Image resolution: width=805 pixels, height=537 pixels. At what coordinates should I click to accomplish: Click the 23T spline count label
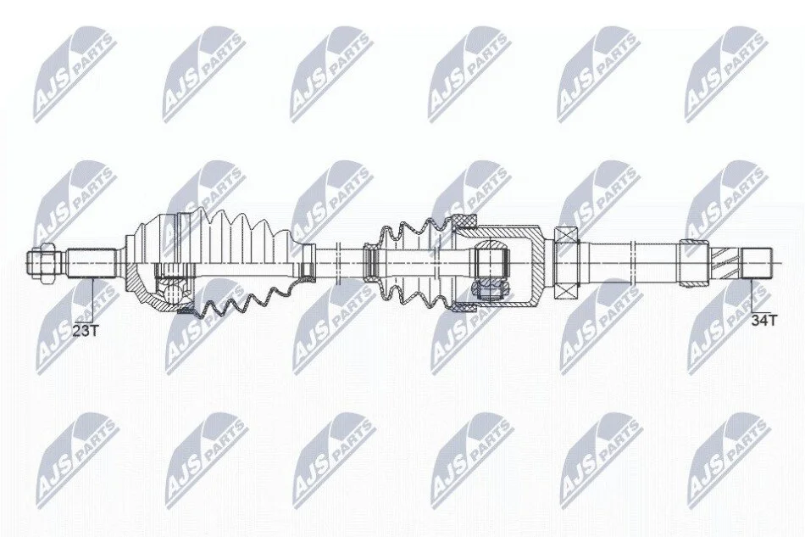(85, 330)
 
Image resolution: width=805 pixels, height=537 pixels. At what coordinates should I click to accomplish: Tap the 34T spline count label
(764, 321)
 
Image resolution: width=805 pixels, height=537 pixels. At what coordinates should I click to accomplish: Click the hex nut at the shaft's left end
(43, 262)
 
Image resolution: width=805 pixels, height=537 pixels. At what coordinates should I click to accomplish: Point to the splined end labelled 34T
(758, 263)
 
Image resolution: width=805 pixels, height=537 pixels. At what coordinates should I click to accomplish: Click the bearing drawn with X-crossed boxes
(567, 263)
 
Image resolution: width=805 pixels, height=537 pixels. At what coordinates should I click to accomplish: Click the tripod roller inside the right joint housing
(491, 288)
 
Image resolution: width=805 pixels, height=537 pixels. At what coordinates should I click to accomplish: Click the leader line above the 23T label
(93, 300)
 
